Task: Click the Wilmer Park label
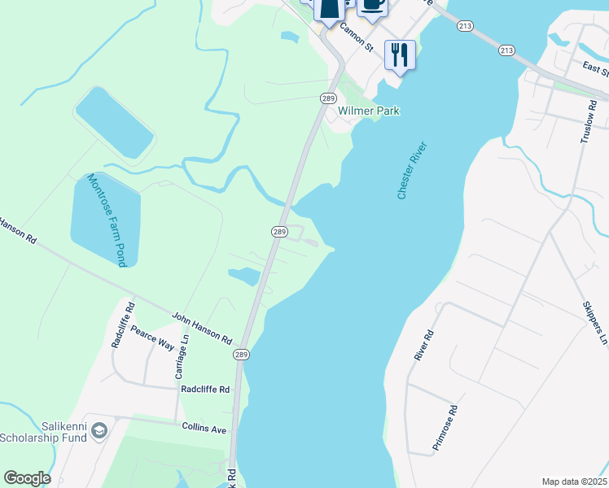[x=369, y=111]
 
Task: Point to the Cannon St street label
[x=356, y=37]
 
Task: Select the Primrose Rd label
[x=446, y=429]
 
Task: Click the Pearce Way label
[x=152, y=338]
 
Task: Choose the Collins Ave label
[x=204, y=429]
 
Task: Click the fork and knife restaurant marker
[x=399, y=54]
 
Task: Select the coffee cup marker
[x=372, y=4]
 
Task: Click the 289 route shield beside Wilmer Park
[x=328, y=98]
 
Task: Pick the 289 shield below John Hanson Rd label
[x=241, y=355]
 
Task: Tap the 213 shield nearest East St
[x=506, y=50]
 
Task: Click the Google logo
[x=27, y=478]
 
